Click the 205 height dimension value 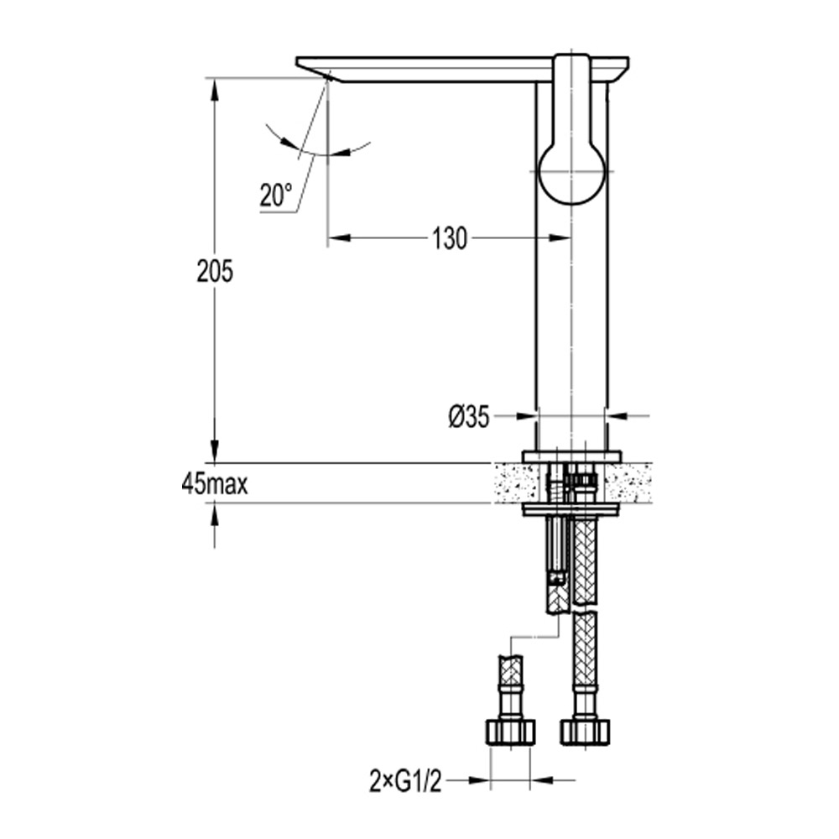214,271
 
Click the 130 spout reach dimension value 450,239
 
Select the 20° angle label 275,196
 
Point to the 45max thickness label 214,485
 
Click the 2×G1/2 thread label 405,782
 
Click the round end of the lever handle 572,173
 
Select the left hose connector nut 509,731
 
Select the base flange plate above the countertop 571,456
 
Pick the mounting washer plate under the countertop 571,509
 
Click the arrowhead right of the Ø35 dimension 616,415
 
